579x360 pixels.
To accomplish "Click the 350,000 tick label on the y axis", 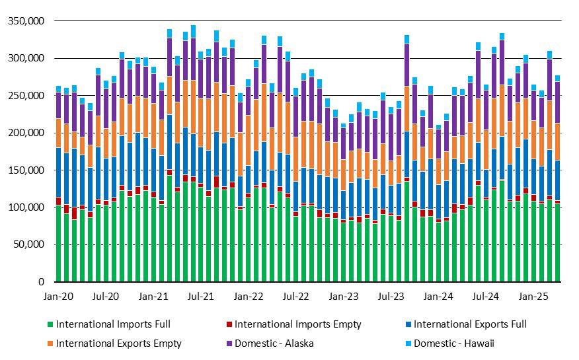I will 25,21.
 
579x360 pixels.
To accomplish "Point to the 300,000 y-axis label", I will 25,58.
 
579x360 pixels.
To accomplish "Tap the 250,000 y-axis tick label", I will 25,96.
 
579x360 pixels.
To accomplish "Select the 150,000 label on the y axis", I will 25,170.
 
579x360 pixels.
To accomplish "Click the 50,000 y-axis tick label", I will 28,244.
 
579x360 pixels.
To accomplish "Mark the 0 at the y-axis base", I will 41,282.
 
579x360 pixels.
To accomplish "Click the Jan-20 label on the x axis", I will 59,297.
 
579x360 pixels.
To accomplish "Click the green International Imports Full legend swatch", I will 50,324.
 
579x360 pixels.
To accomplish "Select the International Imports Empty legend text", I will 297,324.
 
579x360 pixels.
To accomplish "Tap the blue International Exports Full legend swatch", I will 407,324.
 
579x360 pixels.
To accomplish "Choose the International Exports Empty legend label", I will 118,343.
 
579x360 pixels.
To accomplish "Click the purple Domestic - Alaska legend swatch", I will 229,343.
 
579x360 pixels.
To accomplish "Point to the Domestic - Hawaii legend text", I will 454,343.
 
